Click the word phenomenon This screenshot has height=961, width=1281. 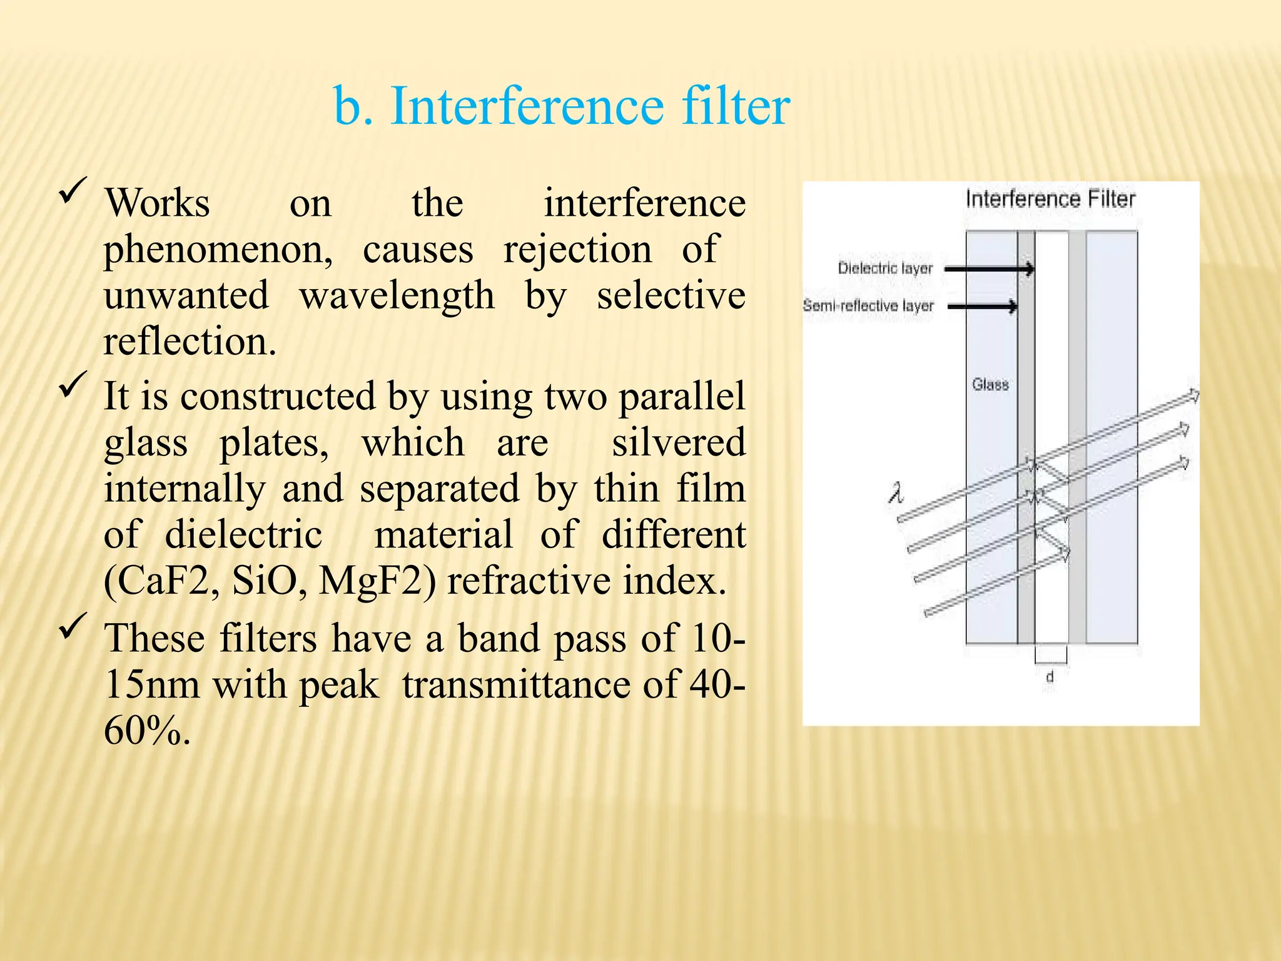coord(218,250)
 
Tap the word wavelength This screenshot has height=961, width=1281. coord(397,295)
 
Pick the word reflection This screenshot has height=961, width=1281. coord(189,342)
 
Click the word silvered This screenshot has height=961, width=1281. coord(678,442)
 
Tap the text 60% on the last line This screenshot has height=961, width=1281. coord(146,730)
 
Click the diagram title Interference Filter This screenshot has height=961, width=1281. coord(1050,200)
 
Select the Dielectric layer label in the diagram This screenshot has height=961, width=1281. coord(884,268)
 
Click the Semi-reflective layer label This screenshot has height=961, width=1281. coord(868,306)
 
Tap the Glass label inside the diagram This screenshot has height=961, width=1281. coord(990,384)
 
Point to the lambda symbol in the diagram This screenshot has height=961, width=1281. coord(896,494)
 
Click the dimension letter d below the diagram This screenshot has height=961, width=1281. coord(1050,676)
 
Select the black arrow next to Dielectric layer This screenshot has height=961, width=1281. coord(989,269)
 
